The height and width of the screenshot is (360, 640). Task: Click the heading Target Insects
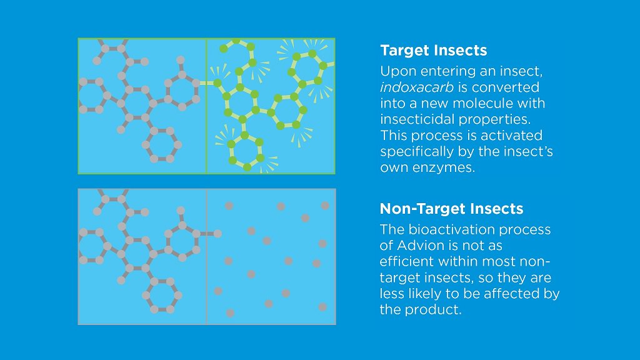coord(433,51)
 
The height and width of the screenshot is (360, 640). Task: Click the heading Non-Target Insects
coord(451,209)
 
